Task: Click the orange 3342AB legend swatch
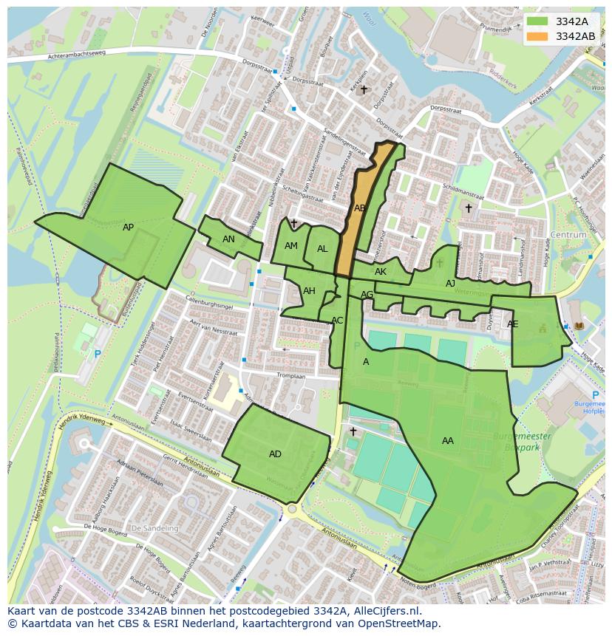(x=539, y=36)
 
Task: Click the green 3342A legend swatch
(x=539, y=21)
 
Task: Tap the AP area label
(x=129, y=228)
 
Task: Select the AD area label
(x=275, y=454)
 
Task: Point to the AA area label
(x=448, y=441)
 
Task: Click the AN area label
(x=228, y=239)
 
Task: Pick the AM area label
(x=291, y=246)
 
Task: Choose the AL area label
(x=322, y=249)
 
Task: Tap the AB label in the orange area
(x=359, y=208)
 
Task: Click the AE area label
(x=512, y=324)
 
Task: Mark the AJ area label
(x=450, y=284)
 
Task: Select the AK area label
(x=381, y=272)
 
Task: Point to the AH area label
(x=309, y=291)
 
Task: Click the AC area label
(x=337, y=321)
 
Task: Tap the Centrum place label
(x=568, y=235)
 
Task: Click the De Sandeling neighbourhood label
(x=154, y=528)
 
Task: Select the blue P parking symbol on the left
(x=98, y=355)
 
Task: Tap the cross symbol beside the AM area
(x=293, y=223)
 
